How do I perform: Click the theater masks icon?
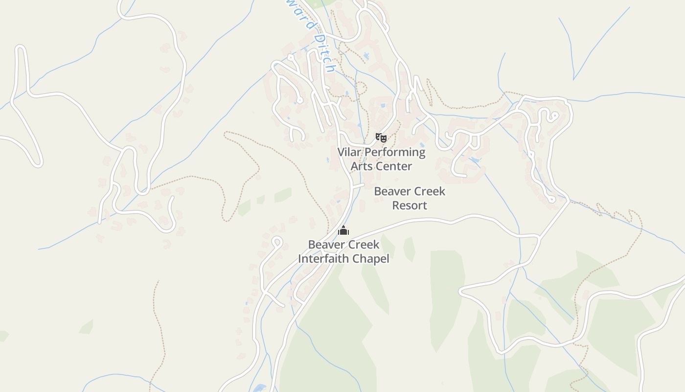pos(381,138)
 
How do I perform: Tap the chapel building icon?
pos(343,230)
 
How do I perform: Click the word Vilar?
pos(349,152)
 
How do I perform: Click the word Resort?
pos(410,205)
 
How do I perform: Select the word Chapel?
pos(372,258)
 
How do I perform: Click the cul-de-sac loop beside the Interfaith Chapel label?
pos(276,241)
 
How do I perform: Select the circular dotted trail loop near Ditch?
pos(361,89)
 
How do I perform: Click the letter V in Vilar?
pos(341,152)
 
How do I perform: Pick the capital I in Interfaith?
pos(300,258)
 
